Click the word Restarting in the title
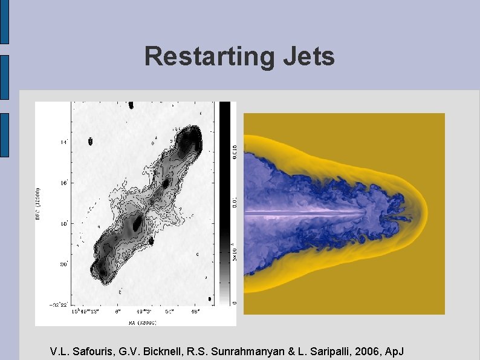pyautogui.click(x=208, y=57)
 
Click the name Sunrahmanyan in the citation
pyautogui.click(x=227, y=352)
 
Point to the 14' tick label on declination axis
pyautogui.click(x=63, y=142)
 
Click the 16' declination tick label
pyautogui.click(x=63, y=182)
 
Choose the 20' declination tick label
pyautogui.click(x=63, y=264)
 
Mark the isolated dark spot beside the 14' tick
pyautogui.click(x=91, y=142)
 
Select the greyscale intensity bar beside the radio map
pyautogui.click(x=224, y=203)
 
